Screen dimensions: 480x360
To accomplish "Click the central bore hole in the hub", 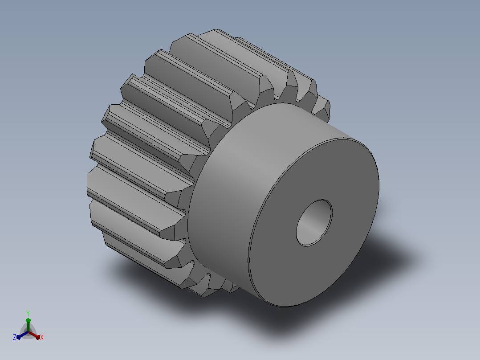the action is tap(314, 223).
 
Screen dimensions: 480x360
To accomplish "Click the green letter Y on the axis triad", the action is tap(28, 313).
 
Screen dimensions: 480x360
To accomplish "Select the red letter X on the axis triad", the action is tap(42, 337).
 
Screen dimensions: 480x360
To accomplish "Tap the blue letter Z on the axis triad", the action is tap(14, 337).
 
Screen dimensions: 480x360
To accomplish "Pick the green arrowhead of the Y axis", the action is tap(28, 320).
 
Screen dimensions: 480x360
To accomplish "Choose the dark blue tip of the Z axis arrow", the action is tap(18, 337).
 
